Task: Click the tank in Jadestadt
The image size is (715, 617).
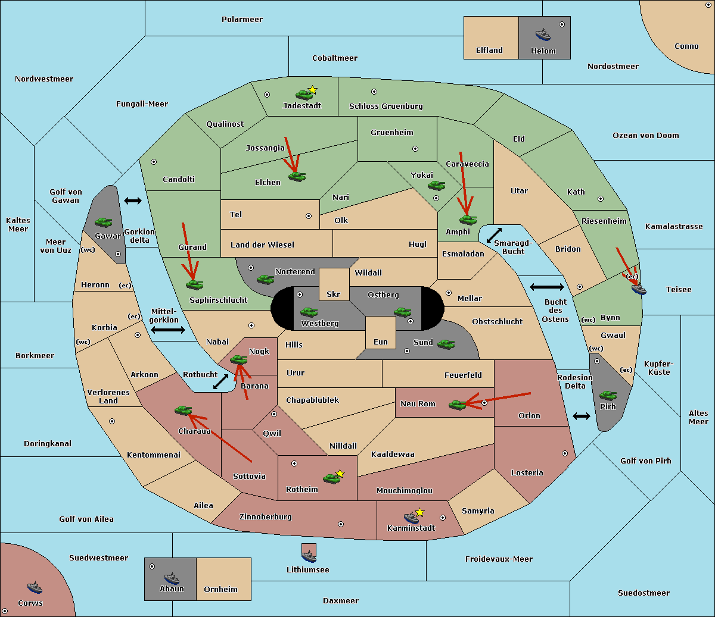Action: click(x=304, y=95)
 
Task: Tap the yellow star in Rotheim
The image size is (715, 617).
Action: click(x=340, y=473)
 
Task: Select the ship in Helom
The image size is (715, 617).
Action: click(x=543, y=34)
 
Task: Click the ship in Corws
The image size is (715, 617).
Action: click(x=35, y=588)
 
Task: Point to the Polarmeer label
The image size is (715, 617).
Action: click(x=242, y=20)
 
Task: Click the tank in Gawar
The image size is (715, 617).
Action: click(x=104, y=222)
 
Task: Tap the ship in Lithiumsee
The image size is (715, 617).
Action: click(x=309, y=556)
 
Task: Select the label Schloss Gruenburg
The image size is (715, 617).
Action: click(x=386, y=106)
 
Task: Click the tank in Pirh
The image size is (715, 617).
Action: click(x=608, y=395)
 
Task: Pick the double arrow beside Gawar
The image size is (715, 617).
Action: click(x=133, y=201)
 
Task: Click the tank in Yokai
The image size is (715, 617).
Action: click(x=436, y=186)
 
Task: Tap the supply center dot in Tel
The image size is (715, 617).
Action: click(x=309, y=216)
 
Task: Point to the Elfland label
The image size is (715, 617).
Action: click(x=489, y=51)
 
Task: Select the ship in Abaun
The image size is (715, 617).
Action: click(x=172, y=578)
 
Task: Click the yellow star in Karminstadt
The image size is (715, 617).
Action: click(x=419, y=512)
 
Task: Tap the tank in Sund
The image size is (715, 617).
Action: click(x=446, y=344)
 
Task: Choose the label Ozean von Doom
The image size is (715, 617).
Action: click(x=645, y=136)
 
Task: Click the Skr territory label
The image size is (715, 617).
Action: click(x=334, y=294)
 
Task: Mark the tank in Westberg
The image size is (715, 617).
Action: click(x=309, y=312)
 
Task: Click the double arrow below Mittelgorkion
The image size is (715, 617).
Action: click(x=168, y=330)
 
